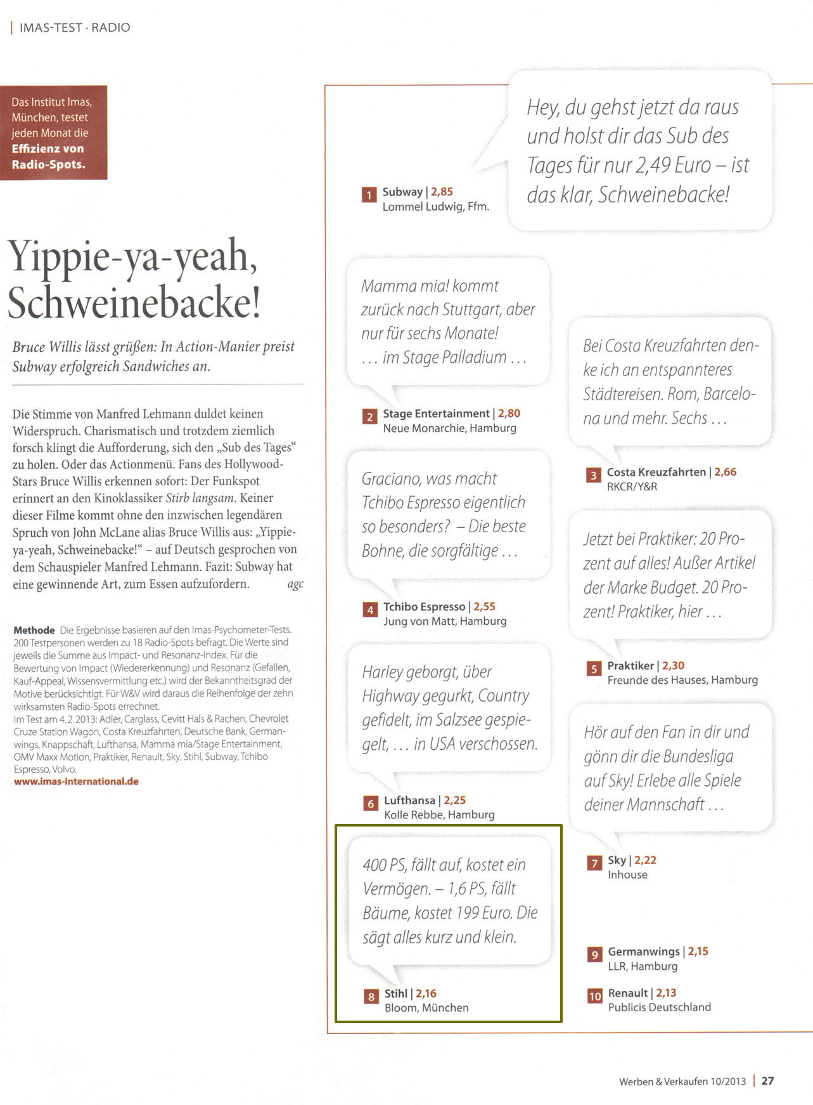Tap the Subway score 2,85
tap(442, 192)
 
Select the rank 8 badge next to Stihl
tap(371, 997)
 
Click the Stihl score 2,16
tap(426, 993)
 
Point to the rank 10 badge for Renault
tap(594, 996)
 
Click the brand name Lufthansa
tap(409, 801)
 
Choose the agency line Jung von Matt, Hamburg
tap(445, 621)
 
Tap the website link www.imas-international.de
tap(76, 781)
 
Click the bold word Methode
tap(34, 630)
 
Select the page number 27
tap(767, 1081)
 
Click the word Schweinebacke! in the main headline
tap(134, 303)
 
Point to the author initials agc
tap(295, 584)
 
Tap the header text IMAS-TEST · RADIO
tap(75, 27)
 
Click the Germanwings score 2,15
tap(698, 951)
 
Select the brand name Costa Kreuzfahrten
tap(656, 472)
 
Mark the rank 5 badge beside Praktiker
tap(594, 669)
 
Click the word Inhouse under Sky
tap(627, 875)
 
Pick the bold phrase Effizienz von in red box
tap(48, 148)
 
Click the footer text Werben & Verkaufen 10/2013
tap(682, 1082)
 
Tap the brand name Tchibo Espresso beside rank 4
tap(424, 607)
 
